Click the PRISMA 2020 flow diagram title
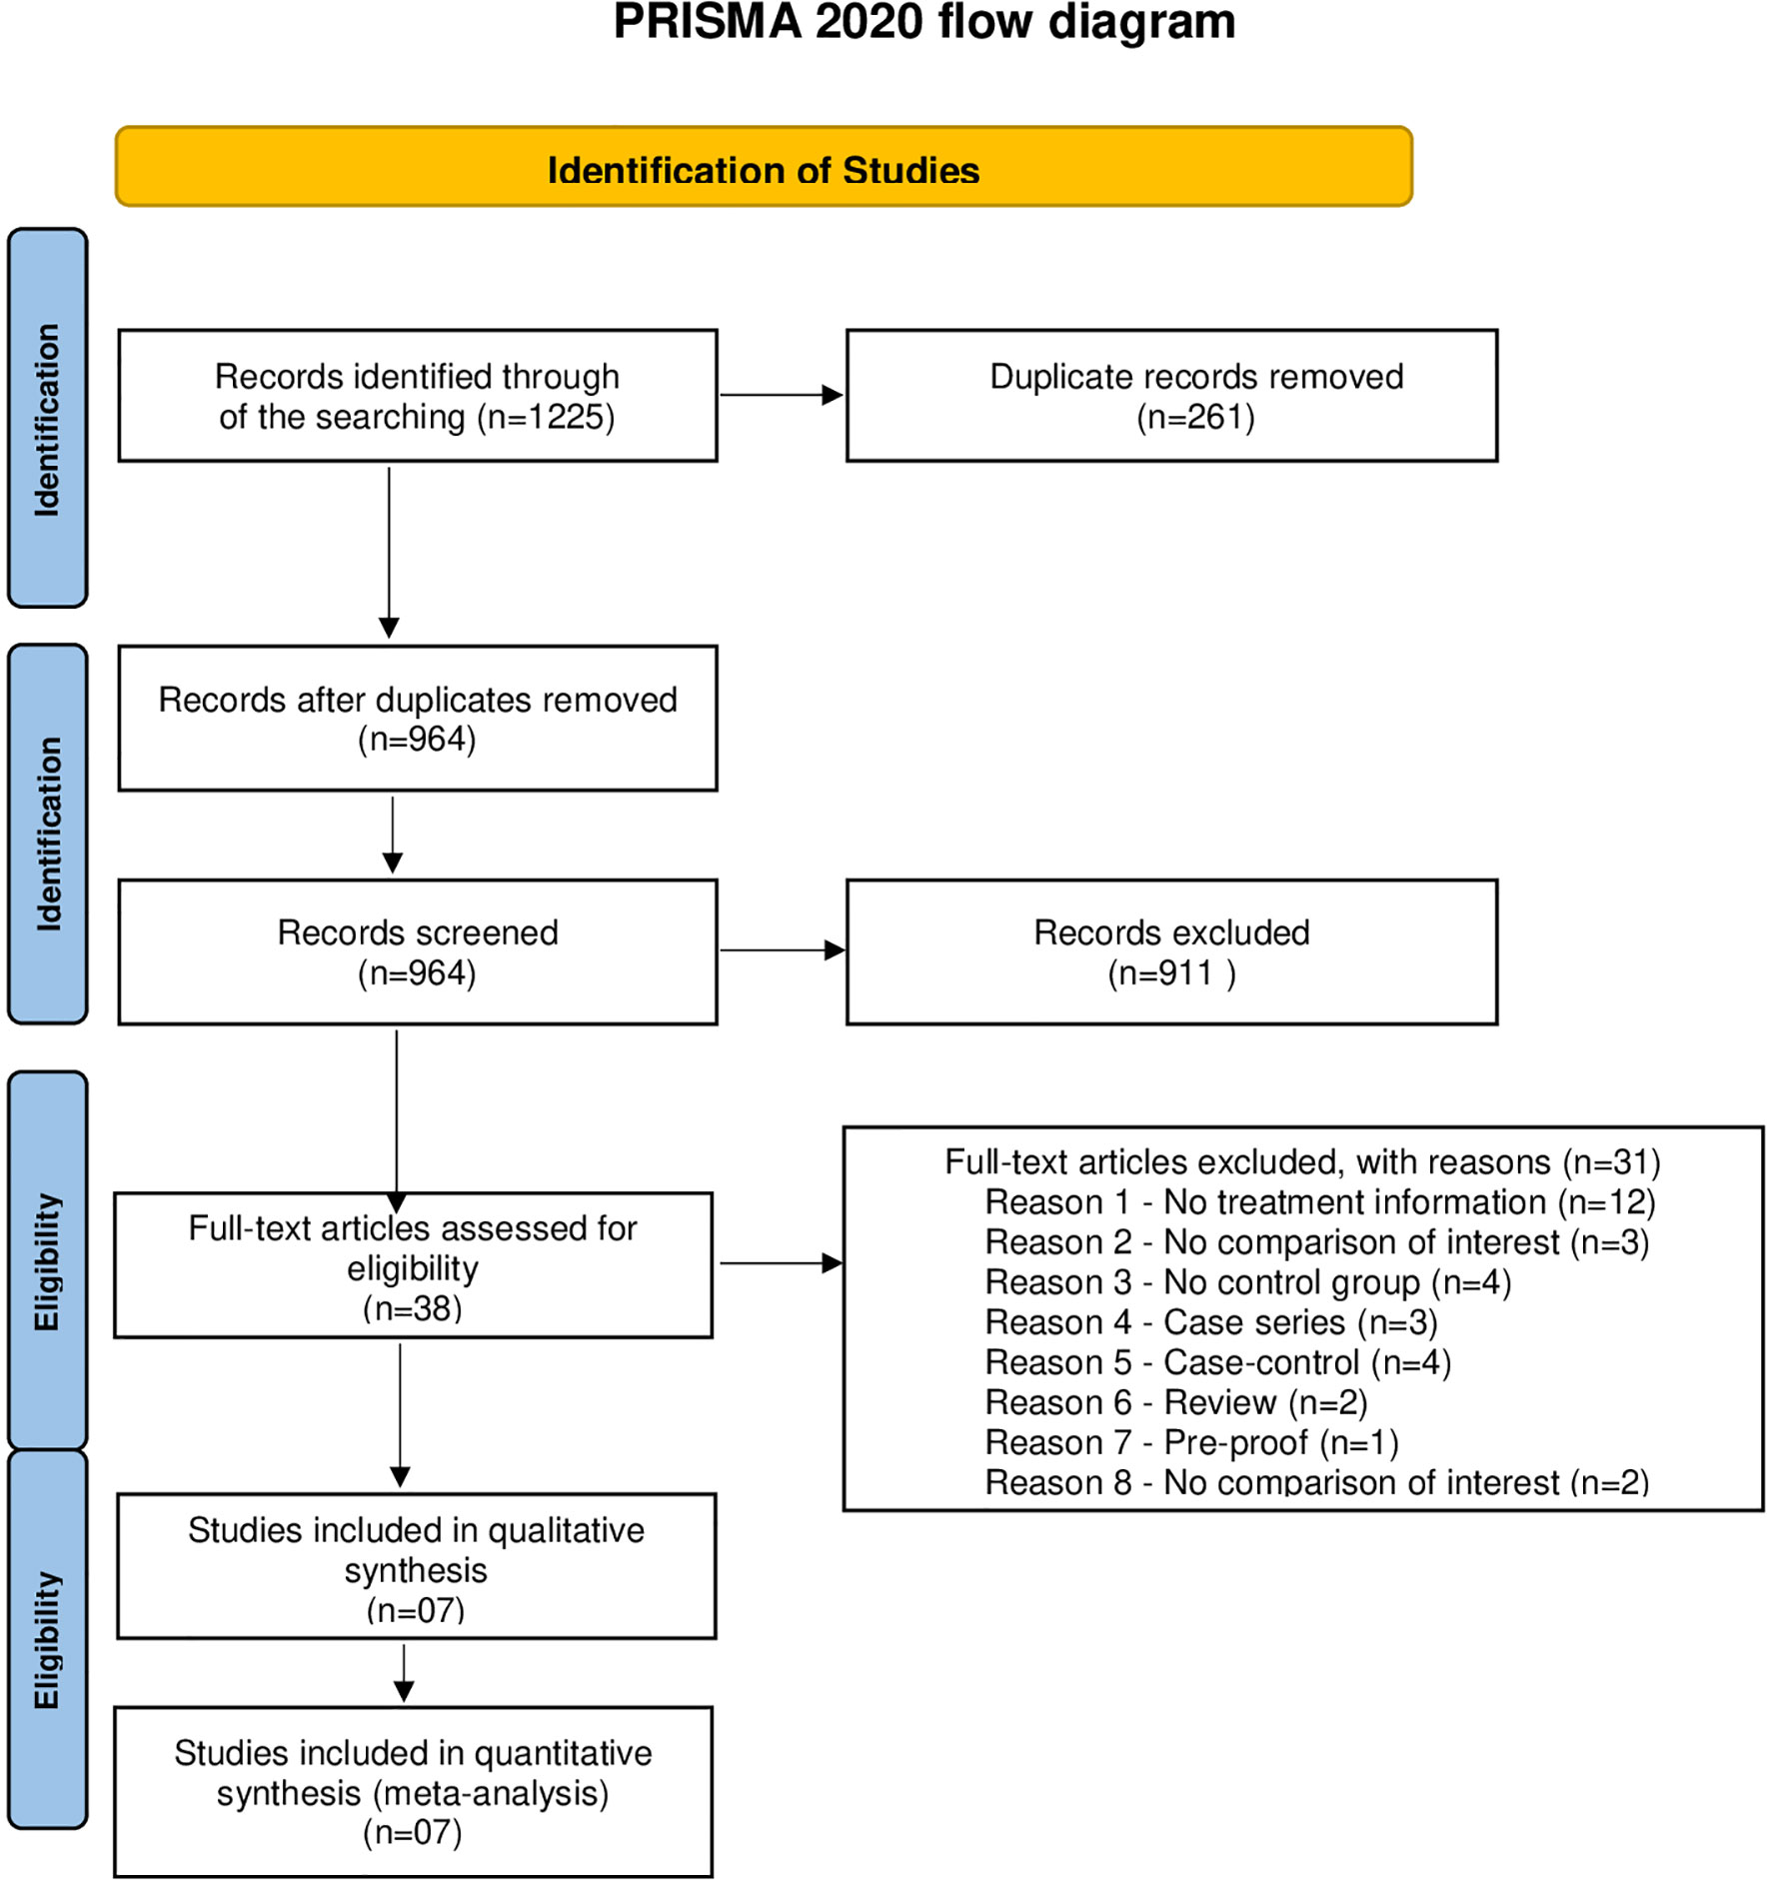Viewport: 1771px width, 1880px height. coord(924,21)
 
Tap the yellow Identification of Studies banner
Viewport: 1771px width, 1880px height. coord(764,167)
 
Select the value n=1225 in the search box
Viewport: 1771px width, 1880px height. coord(546,417)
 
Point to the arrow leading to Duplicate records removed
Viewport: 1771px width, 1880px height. coord(782,395)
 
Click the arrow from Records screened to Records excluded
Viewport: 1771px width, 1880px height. coord(783,950)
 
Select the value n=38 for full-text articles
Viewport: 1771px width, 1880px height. coord(413,1308)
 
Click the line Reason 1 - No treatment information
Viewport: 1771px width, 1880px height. coord(1320,1202)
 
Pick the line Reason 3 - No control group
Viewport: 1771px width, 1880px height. coord(1248,1282)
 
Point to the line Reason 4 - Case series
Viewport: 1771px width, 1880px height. coord(1211,1322)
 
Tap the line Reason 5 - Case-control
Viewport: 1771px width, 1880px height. coord(1218,1362)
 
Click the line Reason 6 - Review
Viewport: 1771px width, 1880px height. coord(1176,1402)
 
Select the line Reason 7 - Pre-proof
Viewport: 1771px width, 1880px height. coord(1192,1442)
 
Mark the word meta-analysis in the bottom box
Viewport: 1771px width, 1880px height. coord(490,1794)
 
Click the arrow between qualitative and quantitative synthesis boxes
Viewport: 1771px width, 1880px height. coord(404,1673)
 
